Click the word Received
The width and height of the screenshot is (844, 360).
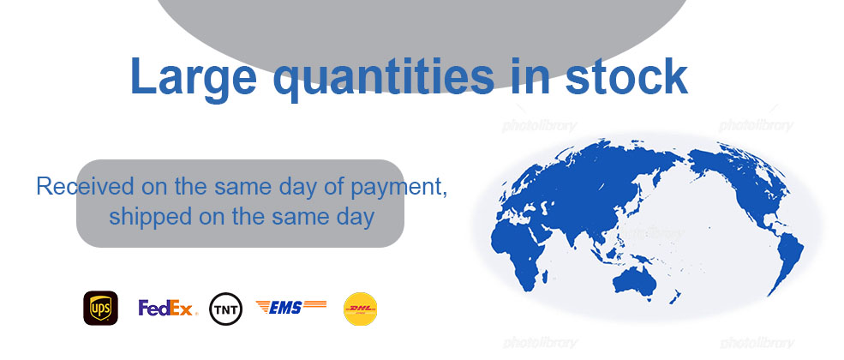[x=85, y=186]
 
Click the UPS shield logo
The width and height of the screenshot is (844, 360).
[x=100, y=309]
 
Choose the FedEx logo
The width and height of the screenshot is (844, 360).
[x=168, y=308]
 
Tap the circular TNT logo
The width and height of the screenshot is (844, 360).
[x=226, y=309]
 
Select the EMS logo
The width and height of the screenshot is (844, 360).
[x=291, y=307]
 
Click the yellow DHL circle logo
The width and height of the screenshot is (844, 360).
[x=360, y=309]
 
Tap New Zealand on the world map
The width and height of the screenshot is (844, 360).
[x=674, y=296]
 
